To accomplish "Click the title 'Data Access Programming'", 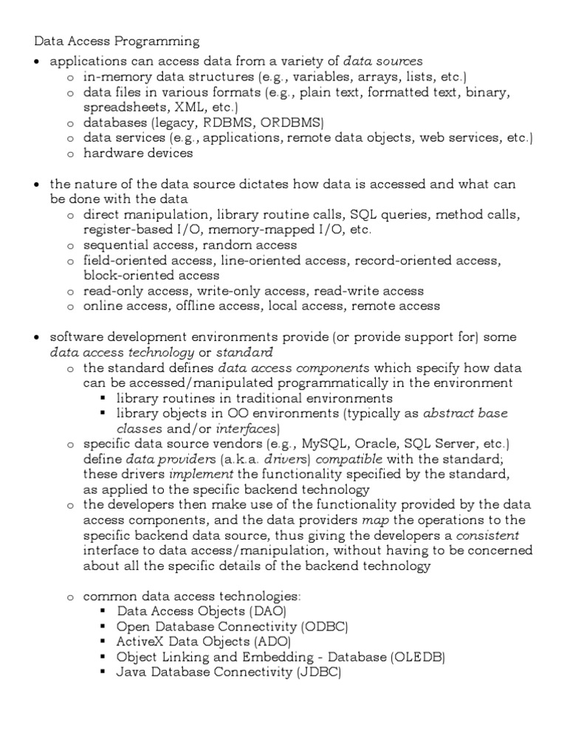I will tap(117, 41).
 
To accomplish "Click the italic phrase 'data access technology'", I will tap(122, 352).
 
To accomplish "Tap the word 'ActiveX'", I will tap(141, 642).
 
